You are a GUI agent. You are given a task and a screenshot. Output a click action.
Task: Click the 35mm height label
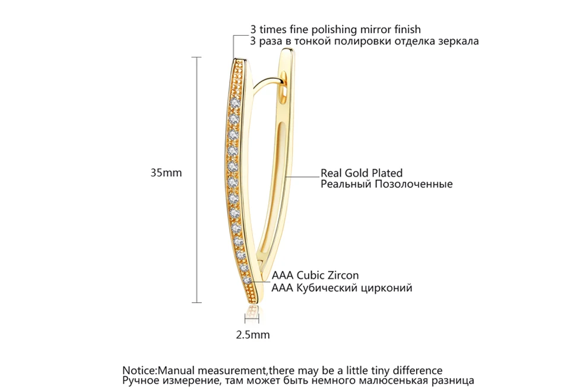coord(166,173)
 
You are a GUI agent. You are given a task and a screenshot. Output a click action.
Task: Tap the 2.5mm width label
coord(253,335)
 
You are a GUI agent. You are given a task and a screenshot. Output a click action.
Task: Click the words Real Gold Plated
coord(362,173)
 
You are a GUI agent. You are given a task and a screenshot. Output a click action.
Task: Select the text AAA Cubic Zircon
coord(315,276)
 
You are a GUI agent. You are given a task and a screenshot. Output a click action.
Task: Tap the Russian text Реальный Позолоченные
coord(386,185)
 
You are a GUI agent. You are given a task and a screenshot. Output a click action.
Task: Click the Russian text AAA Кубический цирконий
coord(341,288)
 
